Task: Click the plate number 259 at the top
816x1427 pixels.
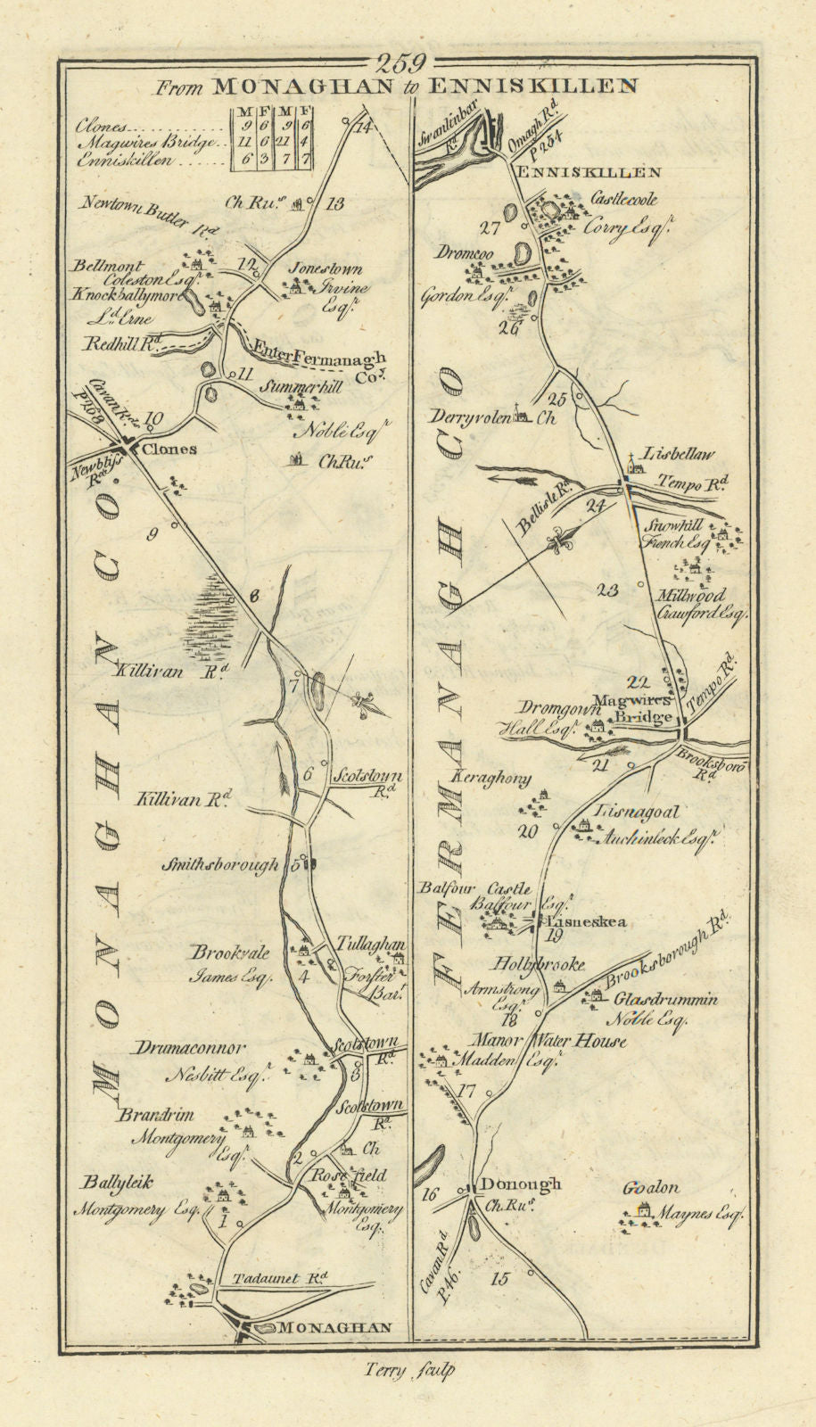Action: [404, 63]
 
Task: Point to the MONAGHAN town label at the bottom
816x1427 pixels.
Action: [334, 1327]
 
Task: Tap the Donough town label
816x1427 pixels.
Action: [520, 1184]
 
